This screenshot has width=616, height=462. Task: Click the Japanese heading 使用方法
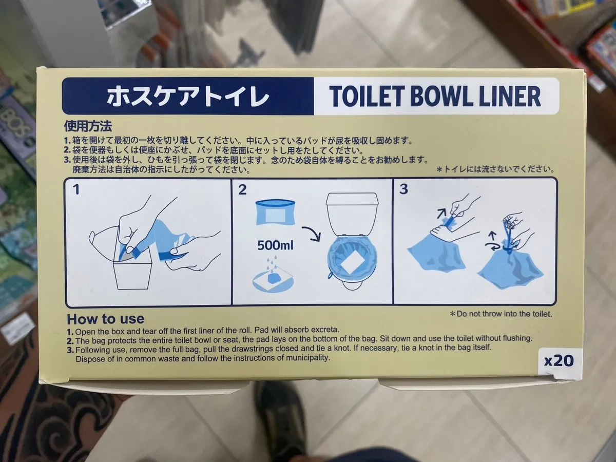click(x=88, y=126)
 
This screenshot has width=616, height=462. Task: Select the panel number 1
click(x=76, y=189)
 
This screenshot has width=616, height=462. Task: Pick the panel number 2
click(x=242, y=189)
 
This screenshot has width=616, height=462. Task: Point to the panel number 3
click(x=403, y=189)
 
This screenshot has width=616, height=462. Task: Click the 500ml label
click(x=275, y=245)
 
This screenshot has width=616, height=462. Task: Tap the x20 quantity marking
click(x=559, y=361)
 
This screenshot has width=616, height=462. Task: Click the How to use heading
click(x=106, y=319)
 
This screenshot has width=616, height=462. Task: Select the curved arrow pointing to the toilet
click(x=312, y=233)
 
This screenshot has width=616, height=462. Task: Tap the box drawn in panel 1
click(x=132, y=272)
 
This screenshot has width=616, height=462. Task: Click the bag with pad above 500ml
click(x=275, y=213)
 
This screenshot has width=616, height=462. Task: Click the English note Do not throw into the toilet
click(x=501, y=314)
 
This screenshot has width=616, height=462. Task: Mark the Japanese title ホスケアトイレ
click(x=188, y=96)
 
